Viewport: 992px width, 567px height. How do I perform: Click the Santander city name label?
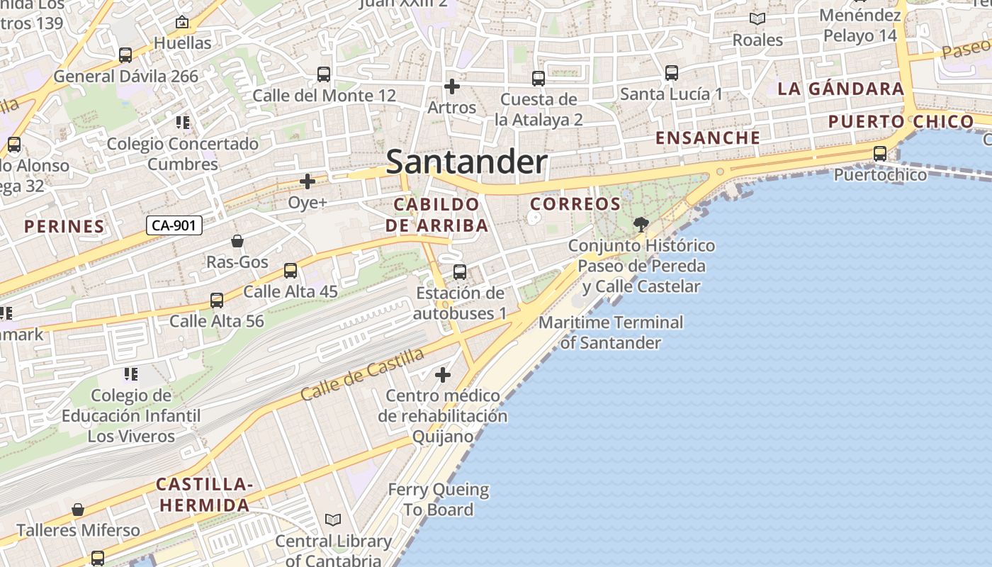466,162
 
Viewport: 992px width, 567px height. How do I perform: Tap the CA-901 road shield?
174,226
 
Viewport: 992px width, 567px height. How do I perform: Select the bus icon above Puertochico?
880,153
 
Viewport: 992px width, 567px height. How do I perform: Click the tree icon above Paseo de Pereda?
641,225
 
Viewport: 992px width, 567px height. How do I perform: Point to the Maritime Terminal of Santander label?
611,332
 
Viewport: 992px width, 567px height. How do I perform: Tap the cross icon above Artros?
451,86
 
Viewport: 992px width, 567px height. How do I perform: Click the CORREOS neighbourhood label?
575,204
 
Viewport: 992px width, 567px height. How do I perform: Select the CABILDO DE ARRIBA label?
436,215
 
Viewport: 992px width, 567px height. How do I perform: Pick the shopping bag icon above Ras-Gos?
237,241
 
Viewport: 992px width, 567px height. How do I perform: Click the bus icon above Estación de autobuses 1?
460,271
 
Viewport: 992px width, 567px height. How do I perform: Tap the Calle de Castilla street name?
362,374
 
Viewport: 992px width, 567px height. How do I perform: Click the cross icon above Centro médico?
443,374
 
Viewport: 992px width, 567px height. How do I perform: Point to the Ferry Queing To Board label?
438,500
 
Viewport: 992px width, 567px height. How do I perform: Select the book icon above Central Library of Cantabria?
333,520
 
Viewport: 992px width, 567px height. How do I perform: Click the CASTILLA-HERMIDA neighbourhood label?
204,495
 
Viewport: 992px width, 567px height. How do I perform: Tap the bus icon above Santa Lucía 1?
671,72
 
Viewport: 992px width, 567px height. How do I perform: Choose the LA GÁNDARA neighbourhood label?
841,89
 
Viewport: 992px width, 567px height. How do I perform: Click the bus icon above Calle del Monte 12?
324,74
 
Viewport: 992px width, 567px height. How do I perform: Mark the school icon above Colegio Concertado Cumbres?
183,123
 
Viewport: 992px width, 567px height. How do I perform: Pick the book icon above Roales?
757,19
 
